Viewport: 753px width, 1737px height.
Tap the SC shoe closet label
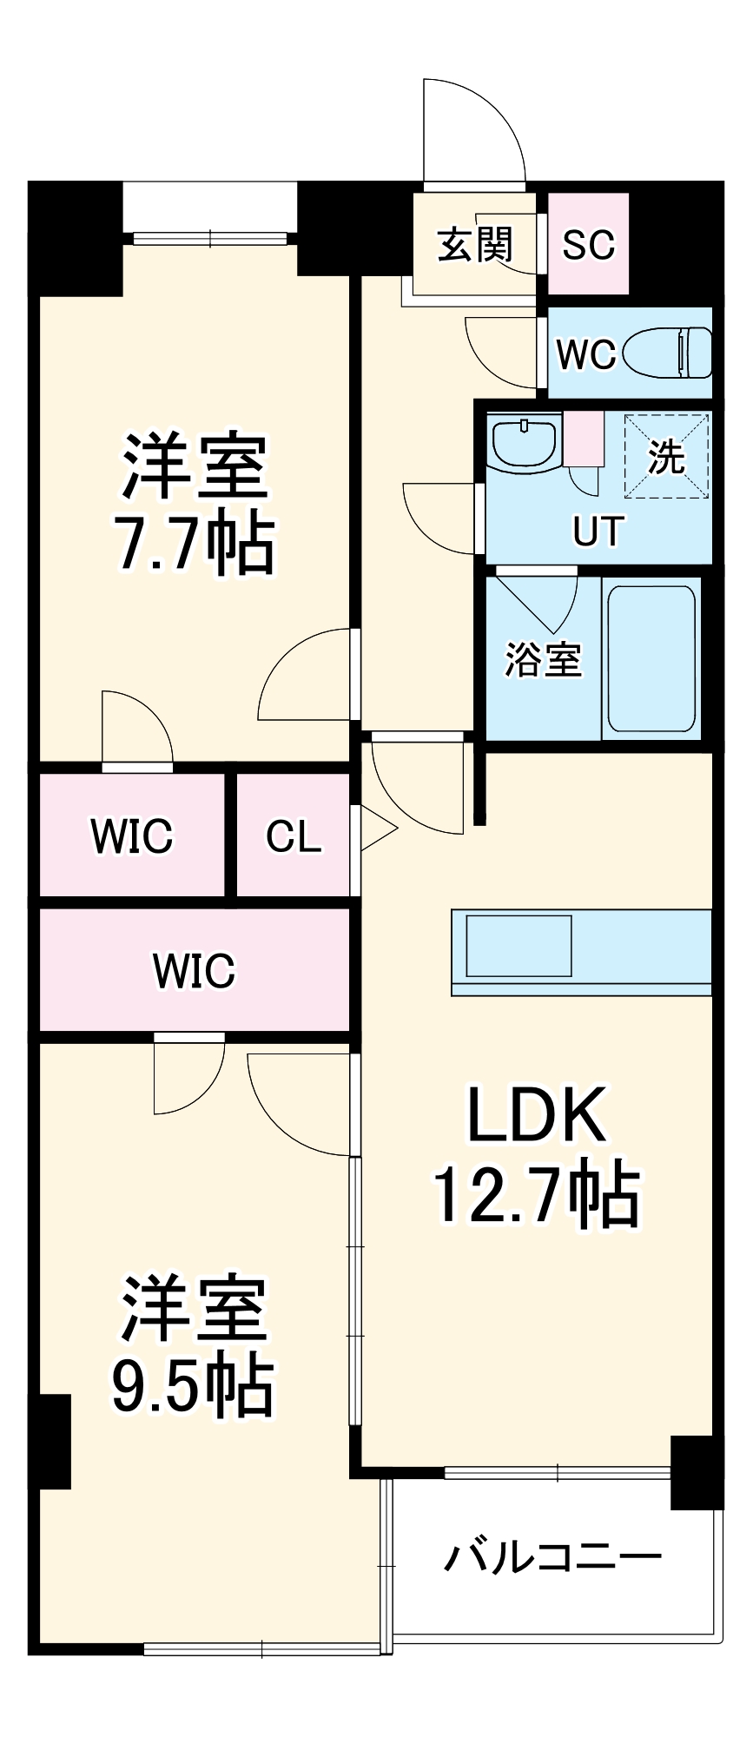[588, 244]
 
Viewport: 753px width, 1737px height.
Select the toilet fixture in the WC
[682, 353]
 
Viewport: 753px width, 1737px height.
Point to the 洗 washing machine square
[666, 456]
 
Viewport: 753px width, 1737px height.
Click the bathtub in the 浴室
[651, 659]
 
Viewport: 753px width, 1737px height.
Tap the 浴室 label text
[543, 659]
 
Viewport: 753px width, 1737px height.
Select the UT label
[598, 531]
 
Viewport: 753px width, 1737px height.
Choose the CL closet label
[294, 836]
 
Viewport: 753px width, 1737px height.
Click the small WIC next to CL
[132, 836]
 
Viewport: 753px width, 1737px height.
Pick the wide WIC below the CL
[194, 970]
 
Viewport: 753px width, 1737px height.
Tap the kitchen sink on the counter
[519, 946]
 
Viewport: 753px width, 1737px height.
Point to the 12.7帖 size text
[536, 1196]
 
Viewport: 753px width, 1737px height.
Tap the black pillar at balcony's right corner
[697, 1472]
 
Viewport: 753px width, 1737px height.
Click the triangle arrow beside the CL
[375, 829]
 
